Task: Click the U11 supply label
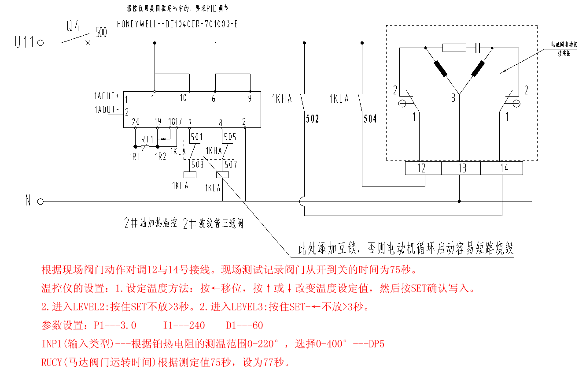pyautogui.click(x=24, y=43)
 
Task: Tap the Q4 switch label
pyautogui.click(x=73, y=26)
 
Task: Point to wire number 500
pyautogui.click(x=101, y=32)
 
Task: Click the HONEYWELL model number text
pyautogui.click(x=177, y=24)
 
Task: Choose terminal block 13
pyautogui.click(x=461, y=168)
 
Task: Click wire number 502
pyautogui.click(x=312, y=119)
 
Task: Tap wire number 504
pyautogui.click(x=370, y=119)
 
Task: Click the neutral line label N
pyautogui.click(x=28, y=201)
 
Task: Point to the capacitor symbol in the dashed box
pyautogui.click(x=477, y=48)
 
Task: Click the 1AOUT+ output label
pyautogui.click(x=107, y=96)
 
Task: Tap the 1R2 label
pyautogui.click(x=161, y=156)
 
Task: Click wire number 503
pyautogui.click(x=197, y=164)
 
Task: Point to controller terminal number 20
pyautogui.click(x=136, y=122)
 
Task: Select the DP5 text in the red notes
pyautogui.click(x=376, y=344)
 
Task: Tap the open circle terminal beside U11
pyautogui.click(x=41, y=43)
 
